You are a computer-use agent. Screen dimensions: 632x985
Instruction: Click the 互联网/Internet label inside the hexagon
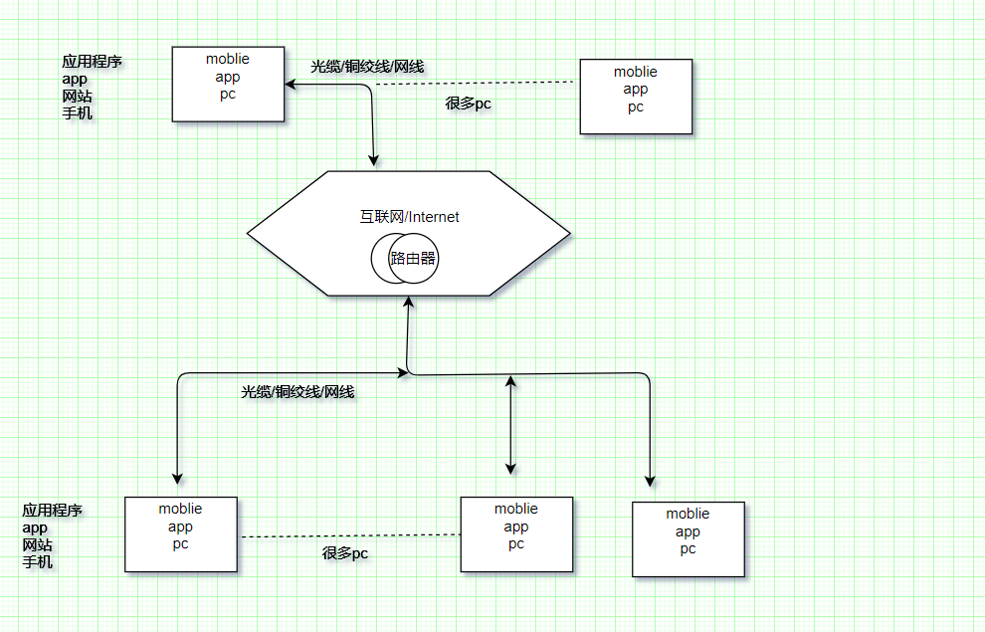pyautogui.click(x=409, y=216)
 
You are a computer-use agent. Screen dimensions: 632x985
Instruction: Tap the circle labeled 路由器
pyautogui.click(x=413, y=258)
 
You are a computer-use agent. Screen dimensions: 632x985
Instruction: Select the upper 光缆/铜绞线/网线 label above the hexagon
pyautogui.click(x=367, y=67)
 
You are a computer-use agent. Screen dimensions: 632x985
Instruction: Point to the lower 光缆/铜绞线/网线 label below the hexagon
pyautogui.click(x=297, y=392)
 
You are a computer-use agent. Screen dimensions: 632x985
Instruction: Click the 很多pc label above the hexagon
pyautogui.click(x=468, y=103)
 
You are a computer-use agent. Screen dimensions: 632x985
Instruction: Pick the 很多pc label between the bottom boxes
pyautogui.click(x=345, y=553)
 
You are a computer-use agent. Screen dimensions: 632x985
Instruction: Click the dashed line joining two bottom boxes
pyautogui.click(x=348, y=535)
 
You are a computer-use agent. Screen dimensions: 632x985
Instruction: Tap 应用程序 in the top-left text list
pyautogui.click(x=92, y=62)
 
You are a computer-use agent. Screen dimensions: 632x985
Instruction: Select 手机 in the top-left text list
pyautogui.click(x=78, y=113)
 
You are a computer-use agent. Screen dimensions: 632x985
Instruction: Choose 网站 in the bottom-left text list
pyautogui.click(x=38, y=545)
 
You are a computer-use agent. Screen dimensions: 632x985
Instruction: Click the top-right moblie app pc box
pyautogui.click(x=636, y=96)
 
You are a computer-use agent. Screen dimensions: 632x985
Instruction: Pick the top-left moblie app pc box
pyautogui.click(x=228, y=84)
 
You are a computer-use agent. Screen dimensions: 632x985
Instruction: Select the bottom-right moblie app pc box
pyautogui.click(x=688, y=539)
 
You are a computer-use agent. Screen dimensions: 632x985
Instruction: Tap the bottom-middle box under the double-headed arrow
pyautogui.click(x=516, y=534)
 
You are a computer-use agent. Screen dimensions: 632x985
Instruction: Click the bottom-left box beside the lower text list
pyautogui.click(x=180, y=533)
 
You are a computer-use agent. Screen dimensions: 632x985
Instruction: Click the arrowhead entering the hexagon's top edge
pyautogui.click(x=375, y=160)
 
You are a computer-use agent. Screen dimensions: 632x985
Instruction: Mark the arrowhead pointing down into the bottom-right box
pyautogui.click(x=652, y=480)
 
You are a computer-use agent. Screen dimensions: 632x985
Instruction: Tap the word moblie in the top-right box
pyautogui.click(x=636, y=72)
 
